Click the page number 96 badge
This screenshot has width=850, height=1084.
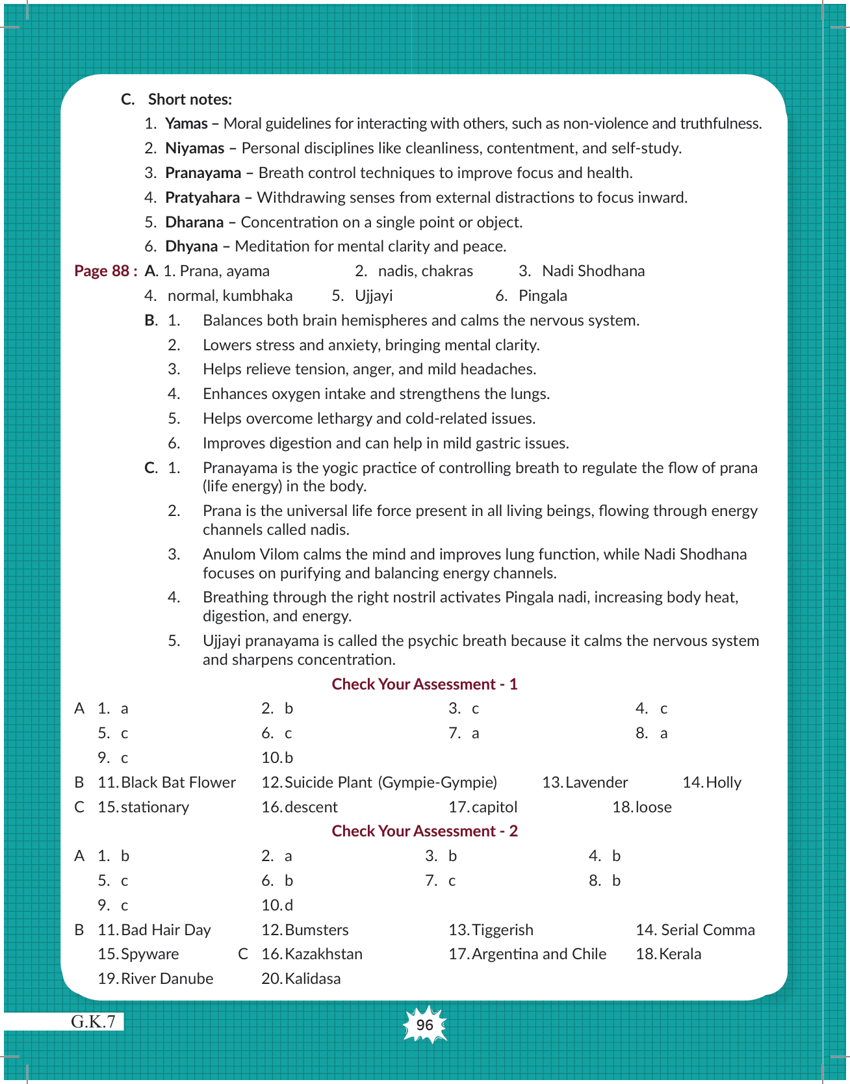(x=424, y=1025)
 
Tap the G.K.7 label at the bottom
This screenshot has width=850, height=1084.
(x=94, y=1022)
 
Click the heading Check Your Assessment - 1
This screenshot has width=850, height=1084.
(x=424, y=684)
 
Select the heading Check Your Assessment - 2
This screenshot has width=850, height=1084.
(x=424, y=831)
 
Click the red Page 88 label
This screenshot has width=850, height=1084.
(x=105, y=271)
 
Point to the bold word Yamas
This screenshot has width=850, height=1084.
(x=187, y=123)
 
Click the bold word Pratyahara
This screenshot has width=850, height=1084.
(x=202, y=198)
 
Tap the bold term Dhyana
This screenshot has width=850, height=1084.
(x=192, y=246)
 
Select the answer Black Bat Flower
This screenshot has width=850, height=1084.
(x=178, y=782)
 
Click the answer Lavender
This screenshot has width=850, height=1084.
(x=597, y=782)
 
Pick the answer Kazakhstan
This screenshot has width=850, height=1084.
(x=324, y=954)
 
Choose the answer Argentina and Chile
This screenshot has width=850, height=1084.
(x=539, y=954)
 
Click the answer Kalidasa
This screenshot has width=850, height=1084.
(x=313, y=979)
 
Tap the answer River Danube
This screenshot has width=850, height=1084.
(x=167, y=979)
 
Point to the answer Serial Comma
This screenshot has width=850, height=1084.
(x=708, y=930)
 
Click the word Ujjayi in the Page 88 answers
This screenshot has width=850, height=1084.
(x=374, y=296)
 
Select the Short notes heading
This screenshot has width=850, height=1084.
(x=190, y=99)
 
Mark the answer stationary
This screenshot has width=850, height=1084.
(x=155, y=807)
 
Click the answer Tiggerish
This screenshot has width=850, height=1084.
(x=502, y=930)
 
